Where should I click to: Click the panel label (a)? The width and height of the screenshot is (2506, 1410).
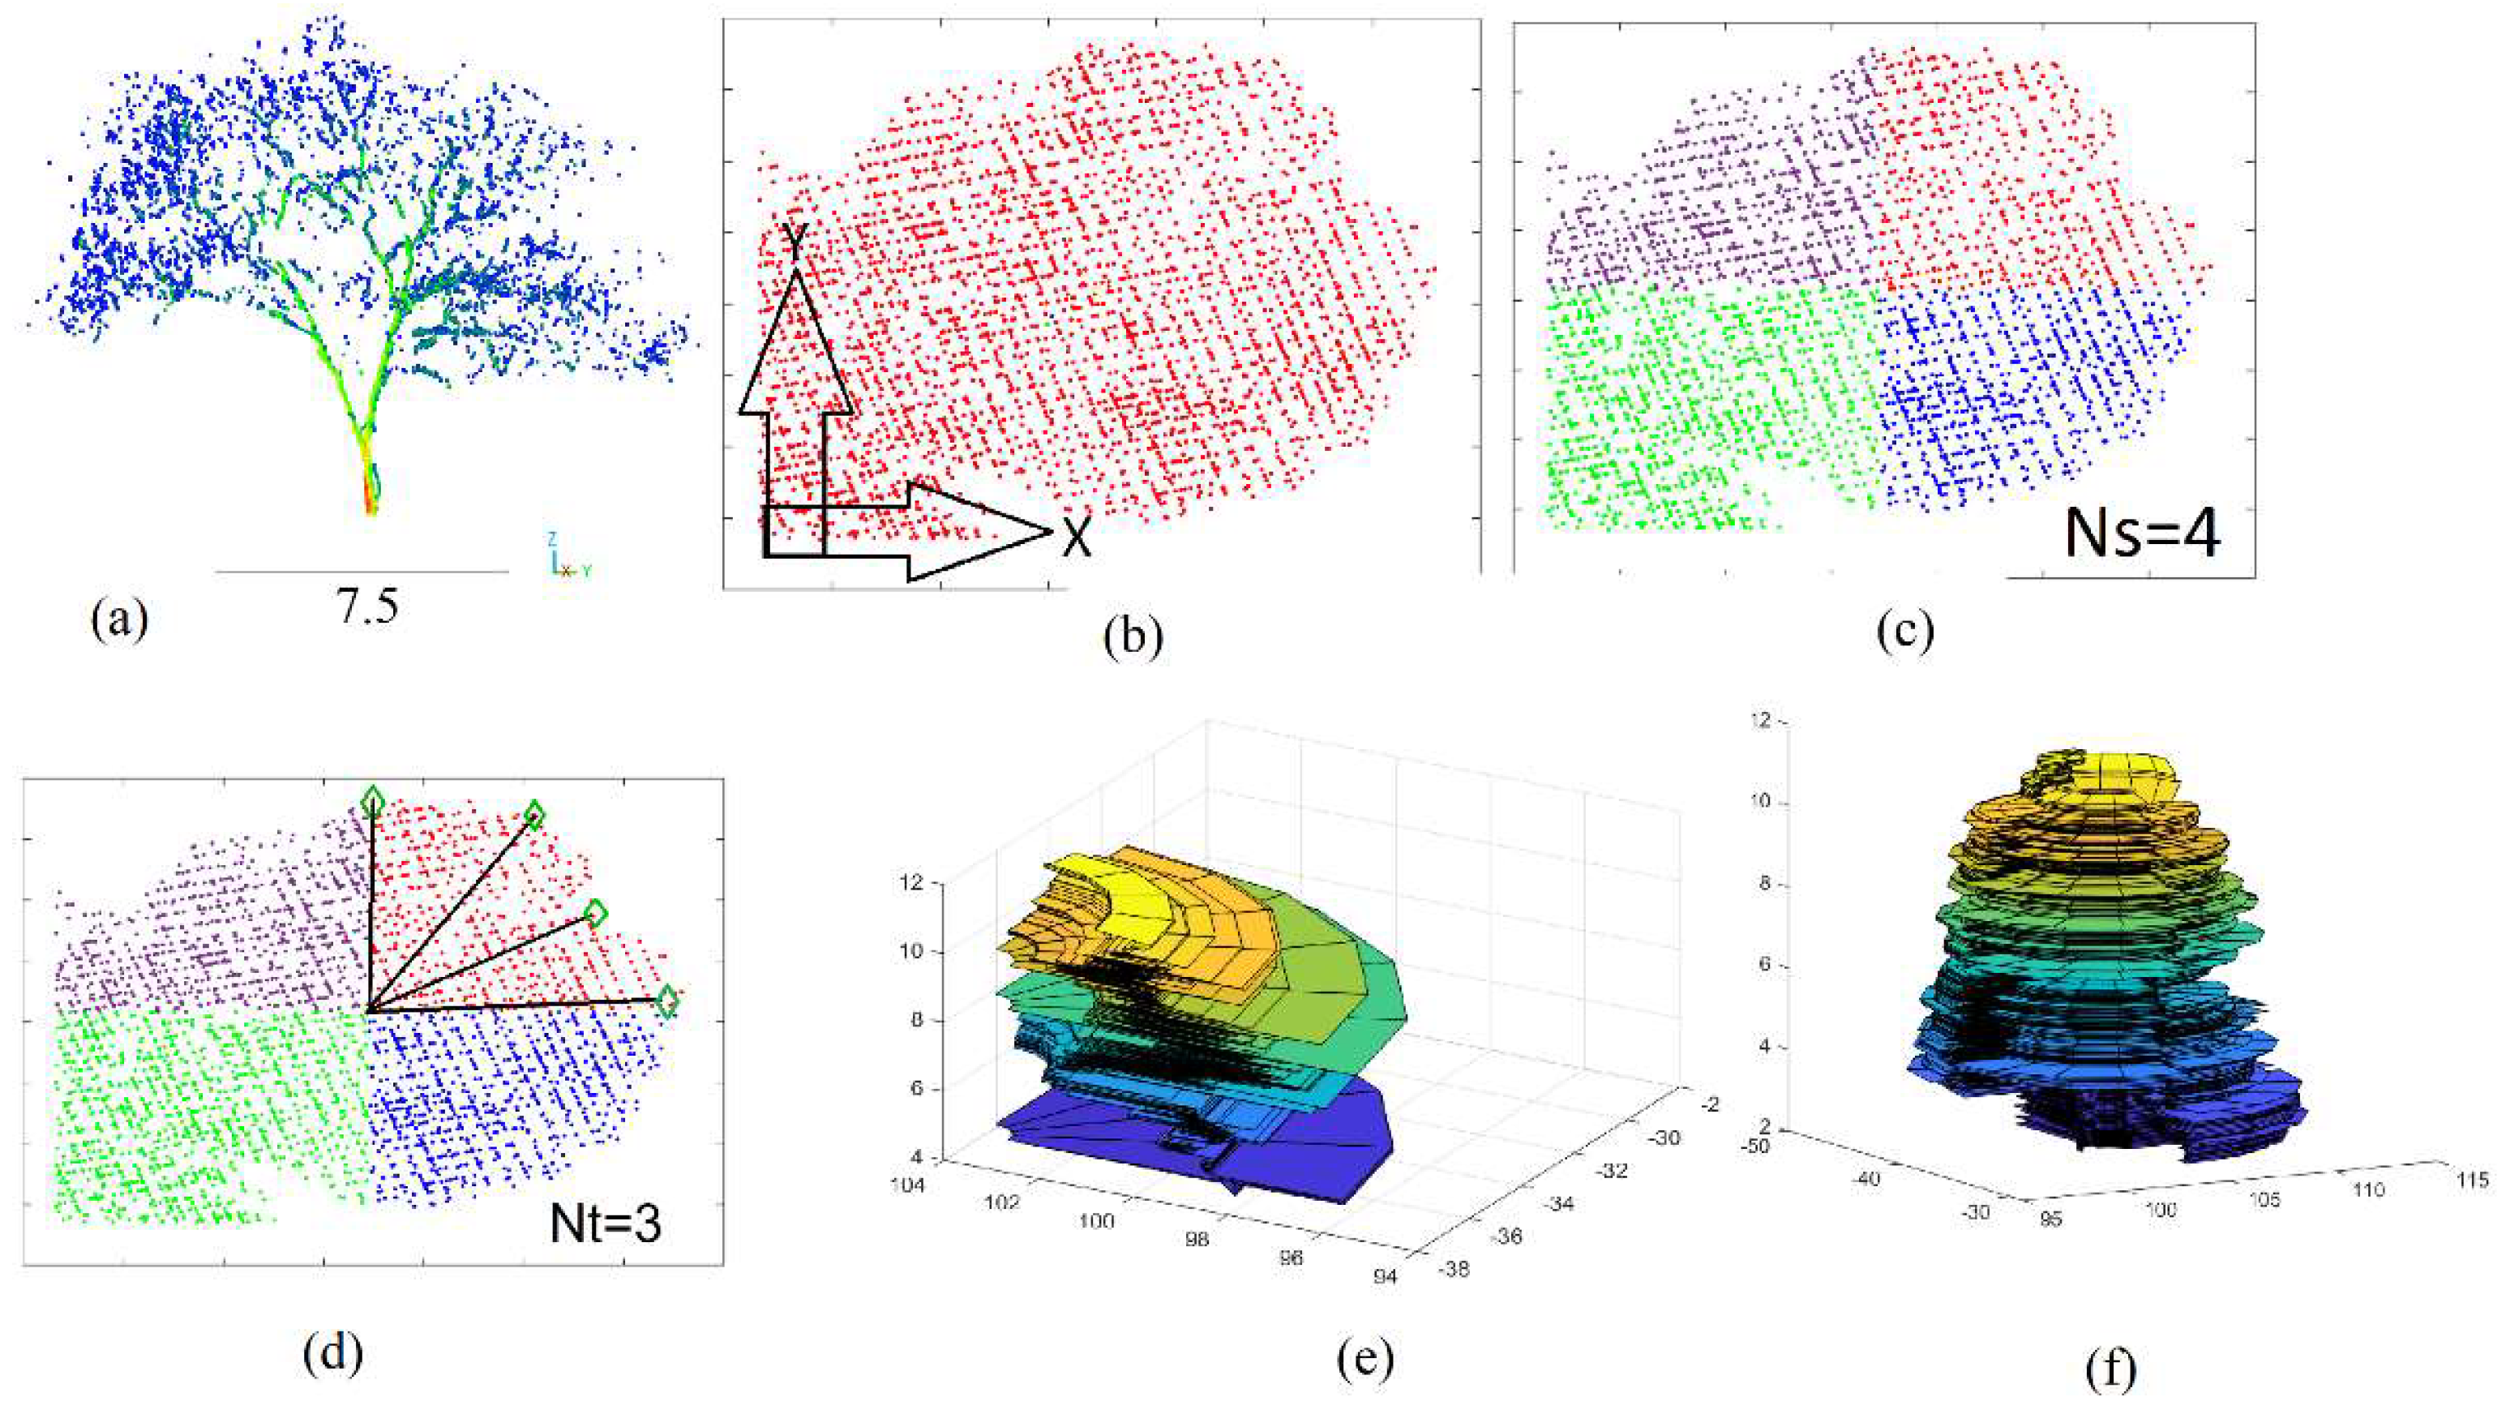pyautogui.click(x=120, y=619)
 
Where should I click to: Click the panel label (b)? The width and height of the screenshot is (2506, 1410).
pyautogui.click(x=1133, y=638)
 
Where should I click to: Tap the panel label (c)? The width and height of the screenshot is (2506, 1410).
pyautogui.click(x=1904, y=631)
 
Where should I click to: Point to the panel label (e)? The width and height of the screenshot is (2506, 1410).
pyautogui.click(x=1359, y=1360)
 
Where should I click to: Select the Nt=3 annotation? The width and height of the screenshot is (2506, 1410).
pyautogui.click(x=605, y=1224)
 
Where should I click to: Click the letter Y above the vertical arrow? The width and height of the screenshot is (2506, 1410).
pyautogui.click(x=795, y=242)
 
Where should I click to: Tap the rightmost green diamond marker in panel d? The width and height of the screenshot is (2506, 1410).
pyautogui.click(x=666, y=1001)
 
